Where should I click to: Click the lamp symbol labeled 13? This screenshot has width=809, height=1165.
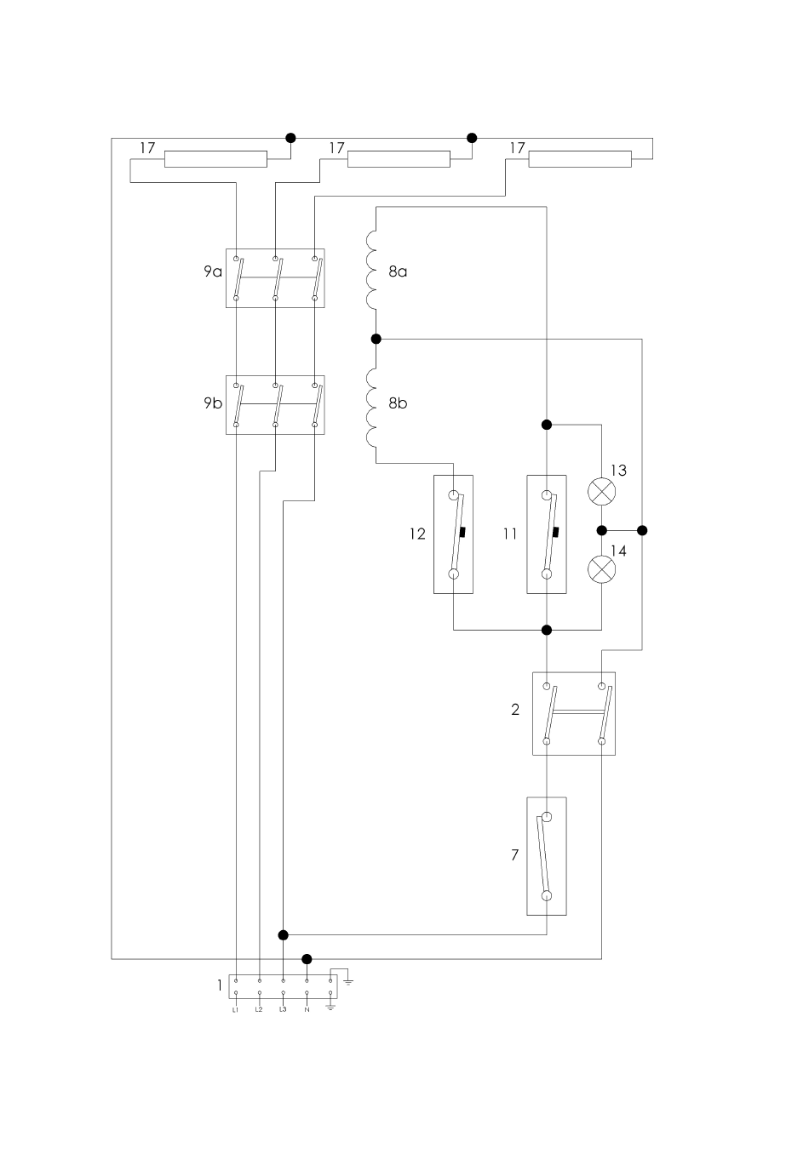coord(601,492)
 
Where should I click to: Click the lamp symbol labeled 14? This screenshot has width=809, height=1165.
coord(601,569)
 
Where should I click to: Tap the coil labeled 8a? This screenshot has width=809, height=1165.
coord(370,271)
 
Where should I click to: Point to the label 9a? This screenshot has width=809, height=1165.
coord(212,271)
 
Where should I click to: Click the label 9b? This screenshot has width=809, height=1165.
coord(212,403)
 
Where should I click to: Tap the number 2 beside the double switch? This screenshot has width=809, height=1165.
coord(515,710)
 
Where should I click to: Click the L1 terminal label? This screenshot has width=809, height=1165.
coord(235,1009)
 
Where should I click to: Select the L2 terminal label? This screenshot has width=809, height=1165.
coord(259,1009)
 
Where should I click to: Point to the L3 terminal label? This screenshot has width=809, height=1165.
coord(283,1009)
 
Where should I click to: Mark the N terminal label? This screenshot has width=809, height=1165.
coord(307,1009)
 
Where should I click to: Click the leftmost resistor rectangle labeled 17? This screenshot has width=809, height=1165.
coord(215,159)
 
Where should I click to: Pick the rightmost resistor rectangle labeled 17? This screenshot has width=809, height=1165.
coord(580,159)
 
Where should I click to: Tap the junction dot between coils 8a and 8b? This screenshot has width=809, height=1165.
coord(376,339)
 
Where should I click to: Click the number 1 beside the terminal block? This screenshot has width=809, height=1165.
coord(220,985)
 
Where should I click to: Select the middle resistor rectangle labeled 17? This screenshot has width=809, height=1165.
coord(399,159)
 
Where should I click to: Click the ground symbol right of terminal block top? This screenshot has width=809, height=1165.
coord(348,982)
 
